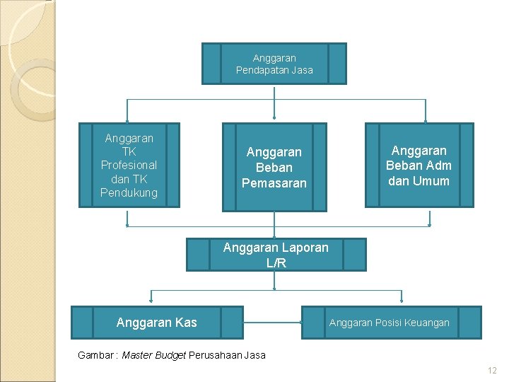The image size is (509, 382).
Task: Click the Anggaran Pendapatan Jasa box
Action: [274, 64]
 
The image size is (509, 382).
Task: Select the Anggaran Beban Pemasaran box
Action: [274, 167]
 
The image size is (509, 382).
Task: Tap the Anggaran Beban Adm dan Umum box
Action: [419, 166]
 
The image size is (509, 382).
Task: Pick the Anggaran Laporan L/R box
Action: [276, 255]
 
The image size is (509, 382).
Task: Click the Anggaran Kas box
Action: [156, 323]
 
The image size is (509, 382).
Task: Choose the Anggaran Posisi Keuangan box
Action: [391, 323]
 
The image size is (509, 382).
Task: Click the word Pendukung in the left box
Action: [129, 192]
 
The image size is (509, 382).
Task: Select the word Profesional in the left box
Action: [129, 165]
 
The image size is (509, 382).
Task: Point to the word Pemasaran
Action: [274, 183]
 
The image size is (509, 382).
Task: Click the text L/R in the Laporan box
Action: [276, 263]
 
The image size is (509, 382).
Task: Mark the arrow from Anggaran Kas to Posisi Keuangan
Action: [272, 323]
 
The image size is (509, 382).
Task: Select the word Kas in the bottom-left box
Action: [185, 323]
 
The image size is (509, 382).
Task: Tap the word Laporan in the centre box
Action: [303, 248]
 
